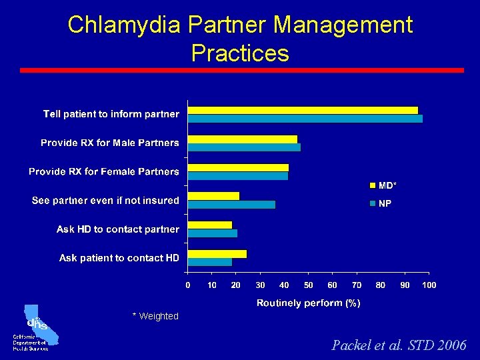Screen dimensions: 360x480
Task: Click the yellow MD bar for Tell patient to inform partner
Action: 303,111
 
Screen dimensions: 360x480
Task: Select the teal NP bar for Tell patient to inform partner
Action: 305,119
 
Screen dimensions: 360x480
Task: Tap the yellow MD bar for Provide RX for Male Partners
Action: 243,139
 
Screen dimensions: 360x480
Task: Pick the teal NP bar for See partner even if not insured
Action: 231,205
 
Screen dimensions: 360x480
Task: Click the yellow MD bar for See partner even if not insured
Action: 213,196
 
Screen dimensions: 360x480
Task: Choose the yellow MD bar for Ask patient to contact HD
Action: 217,254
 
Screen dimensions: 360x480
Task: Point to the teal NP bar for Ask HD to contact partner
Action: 213,233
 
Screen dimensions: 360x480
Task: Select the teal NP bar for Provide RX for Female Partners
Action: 238,176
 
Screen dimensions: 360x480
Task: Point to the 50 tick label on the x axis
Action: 309,285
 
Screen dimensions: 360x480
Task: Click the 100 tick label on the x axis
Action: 429,285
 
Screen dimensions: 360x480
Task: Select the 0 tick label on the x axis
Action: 188,285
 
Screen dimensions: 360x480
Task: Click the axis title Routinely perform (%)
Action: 309,303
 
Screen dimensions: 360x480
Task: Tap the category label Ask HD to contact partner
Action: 118,229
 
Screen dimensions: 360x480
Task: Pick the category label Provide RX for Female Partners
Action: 104,172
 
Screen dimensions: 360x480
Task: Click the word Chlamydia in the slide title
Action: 124,25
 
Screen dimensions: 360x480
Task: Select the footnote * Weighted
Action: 155,316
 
